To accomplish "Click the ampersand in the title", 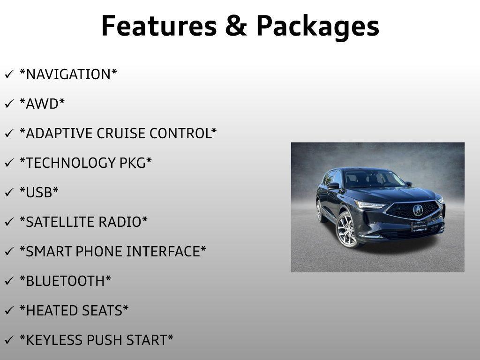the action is pyautogui.click(x=236, y=26).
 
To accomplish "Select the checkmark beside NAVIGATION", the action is pyautogui.click(x=9, y=74).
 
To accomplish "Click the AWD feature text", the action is pyautogui.click(x=42, y=104).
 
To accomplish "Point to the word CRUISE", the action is pyautogui.click(x=121, y=134).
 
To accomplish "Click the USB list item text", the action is pyautogui.click(x=39, y=192).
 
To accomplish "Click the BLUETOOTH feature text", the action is pyautogui.click(x=65, y=281).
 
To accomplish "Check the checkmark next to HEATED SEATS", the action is pyautogui.click(x=9, y=310).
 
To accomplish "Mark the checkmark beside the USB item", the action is pyautogui.click(x=9, y=192).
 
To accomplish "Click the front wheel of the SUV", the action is pyautogui.click(x=347, y=230).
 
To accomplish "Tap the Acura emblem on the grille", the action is pyautogui.click(x=418, y=210).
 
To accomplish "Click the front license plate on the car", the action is pyautogui.click(x=419, y=226).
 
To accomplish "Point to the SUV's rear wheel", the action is pyautogui.click(x=320, y=211).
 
